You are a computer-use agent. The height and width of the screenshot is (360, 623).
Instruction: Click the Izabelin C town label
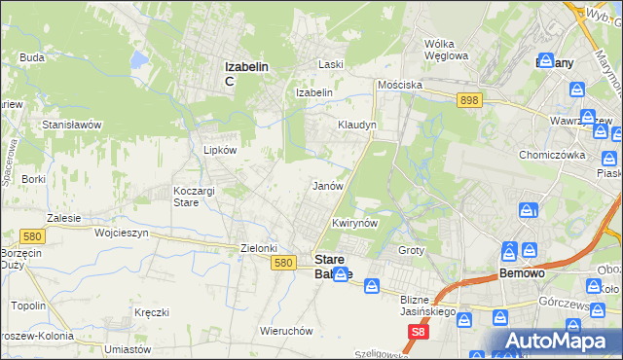point(246,73)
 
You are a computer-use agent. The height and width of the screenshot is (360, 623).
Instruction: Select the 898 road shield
point(469,100)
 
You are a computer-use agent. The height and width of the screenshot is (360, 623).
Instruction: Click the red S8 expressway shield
point(418,333)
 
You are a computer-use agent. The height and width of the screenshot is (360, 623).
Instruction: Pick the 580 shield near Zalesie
point(32,235)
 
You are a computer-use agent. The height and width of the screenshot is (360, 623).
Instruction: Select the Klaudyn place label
point(356,126)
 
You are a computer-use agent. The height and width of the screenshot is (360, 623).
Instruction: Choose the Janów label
point(326,185)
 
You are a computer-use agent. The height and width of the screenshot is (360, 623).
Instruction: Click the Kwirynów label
point(354,223)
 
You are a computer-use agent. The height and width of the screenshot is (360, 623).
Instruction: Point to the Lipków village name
point(220,151)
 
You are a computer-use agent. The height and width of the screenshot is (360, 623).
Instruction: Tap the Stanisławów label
point(72,125)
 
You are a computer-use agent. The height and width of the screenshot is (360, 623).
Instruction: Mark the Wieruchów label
point(286,331)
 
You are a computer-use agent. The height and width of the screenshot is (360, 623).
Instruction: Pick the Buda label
point(32,57)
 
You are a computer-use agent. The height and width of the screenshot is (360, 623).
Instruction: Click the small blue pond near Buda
point(138,61)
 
